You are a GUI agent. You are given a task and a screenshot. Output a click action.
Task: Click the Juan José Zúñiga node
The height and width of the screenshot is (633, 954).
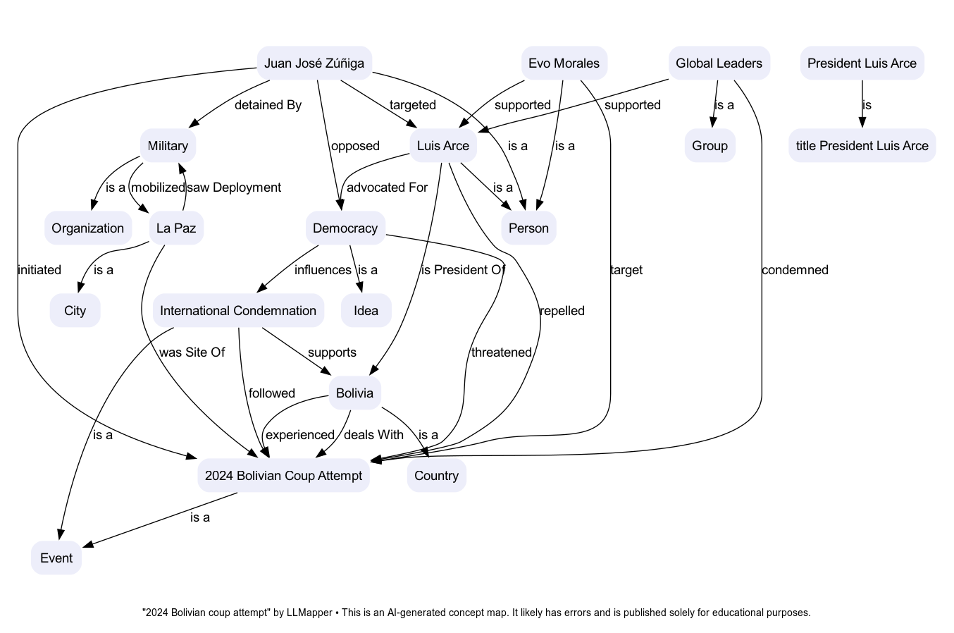point(314,63)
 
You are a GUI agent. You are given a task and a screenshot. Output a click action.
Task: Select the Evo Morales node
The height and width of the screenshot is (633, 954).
point(564,63)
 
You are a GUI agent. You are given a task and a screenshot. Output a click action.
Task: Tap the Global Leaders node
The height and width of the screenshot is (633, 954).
point(719,63)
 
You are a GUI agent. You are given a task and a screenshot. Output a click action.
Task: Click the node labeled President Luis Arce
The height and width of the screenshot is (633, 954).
point(862,63)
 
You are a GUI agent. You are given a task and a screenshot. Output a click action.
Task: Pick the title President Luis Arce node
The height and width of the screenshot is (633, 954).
point(862,146)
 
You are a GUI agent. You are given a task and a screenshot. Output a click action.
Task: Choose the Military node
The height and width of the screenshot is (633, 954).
point(168,146)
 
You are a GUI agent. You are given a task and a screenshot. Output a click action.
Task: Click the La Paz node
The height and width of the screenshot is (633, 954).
point(176,228)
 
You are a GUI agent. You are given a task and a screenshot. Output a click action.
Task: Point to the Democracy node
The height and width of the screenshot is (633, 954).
point(345,228)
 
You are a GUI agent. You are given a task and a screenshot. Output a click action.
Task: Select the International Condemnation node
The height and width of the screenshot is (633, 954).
point(238,311)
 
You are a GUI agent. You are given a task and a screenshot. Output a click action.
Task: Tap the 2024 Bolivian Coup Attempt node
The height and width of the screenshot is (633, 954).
point(283,476)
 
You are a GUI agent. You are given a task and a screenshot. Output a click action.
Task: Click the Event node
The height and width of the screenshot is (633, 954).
point(56,558)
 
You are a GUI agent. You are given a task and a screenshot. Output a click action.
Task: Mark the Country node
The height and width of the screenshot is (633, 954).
point(436,476)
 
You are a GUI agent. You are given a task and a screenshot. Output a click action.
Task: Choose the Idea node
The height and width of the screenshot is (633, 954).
point(366,311)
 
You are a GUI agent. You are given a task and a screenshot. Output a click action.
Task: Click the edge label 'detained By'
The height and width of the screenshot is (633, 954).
point(268,105)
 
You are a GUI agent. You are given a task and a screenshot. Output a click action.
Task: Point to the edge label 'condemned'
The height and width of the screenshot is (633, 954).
point(795,270)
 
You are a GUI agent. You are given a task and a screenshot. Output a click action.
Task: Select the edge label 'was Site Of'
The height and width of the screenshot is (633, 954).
point(192,352)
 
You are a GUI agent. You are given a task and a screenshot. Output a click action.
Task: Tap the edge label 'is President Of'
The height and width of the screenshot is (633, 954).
point(463,270)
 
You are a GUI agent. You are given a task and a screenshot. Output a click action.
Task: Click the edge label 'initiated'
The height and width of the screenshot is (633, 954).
point(39,270)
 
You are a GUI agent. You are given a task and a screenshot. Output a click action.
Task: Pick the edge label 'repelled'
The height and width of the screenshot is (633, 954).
point(562,311)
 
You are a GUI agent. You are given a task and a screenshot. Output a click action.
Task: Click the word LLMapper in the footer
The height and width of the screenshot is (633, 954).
point(309,613)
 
